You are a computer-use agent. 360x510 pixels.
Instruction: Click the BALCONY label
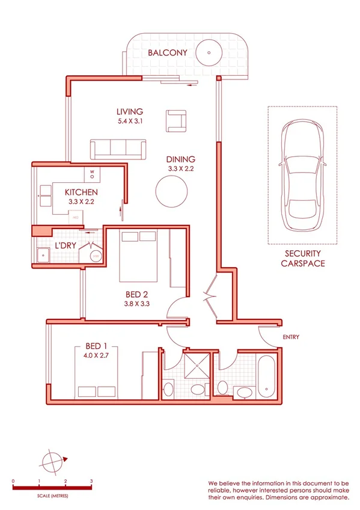coord(168,53)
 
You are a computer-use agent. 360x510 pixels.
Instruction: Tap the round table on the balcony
coord(209,52)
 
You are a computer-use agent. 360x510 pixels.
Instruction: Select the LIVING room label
coord(130,111)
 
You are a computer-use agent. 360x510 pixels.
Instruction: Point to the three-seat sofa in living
coord(118,149)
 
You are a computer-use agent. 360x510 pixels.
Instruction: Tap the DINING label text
coord(181,159)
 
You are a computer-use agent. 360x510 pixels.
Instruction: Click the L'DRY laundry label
coord(65,246)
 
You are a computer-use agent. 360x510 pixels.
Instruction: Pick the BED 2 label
coord(137,294)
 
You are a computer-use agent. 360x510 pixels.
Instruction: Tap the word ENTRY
coord(290,337)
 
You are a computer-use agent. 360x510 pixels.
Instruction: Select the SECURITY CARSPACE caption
coord(303,259)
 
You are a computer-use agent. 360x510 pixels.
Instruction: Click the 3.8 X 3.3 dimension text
coord(137,304)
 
